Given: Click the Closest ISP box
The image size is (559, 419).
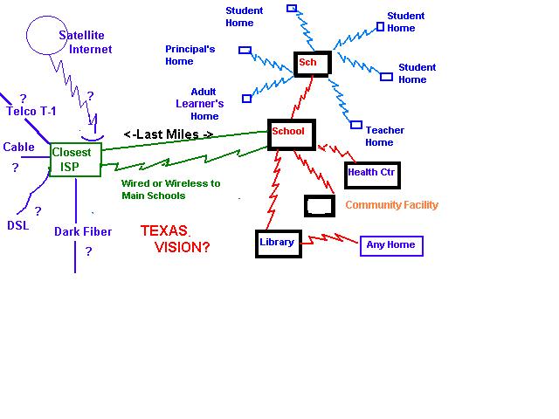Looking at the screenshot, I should (x=76, y=158).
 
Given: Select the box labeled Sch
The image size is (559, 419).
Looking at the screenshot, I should (x=312, y=63).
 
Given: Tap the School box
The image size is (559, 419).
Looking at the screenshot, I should (x=289, y=132).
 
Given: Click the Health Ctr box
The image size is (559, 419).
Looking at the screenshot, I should (x=372, y=174).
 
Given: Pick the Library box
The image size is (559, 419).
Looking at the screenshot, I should (x=278, y=243).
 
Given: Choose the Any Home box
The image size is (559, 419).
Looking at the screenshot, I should (x=391, y=245).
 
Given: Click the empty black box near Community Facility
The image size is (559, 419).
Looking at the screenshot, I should (x=319, y=206).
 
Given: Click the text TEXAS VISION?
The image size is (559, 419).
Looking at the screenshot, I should (x=175, y=239).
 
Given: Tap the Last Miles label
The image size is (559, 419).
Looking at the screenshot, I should (x=169, y=134).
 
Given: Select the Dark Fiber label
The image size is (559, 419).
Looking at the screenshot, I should (x=81, y=232).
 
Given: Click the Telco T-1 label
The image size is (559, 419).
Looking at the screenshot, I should (x=33, y=112).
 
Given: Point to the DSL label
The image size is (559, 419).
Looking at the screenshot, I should (x=18, y=225).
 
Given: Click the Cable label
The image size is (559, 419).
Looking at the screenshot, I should (x=19, y=148).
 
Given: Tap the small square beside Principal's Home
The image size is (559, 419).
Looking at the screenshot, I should (x=245, y=51).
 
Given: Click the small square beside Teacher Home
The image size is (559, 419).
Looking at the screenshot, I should (x=355, y=125).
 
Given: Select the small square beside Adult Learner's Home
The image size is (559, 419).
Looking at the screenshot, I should (x=246, y=99).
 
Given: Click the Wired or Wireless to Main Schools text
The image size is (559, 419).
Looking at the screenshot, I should (x=170, y=189).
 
